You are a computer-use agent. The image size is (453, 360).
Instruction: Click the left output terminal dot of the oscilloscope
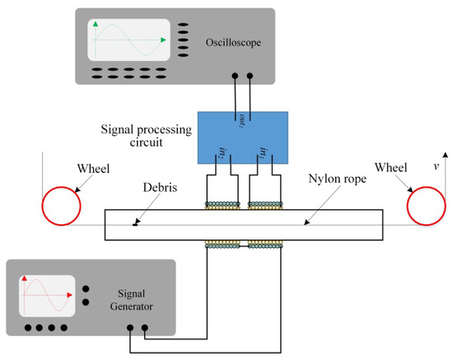coord(236,77)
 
